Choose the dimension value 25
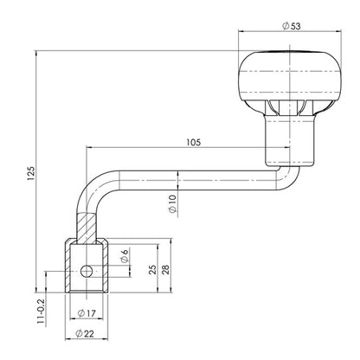152,269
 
